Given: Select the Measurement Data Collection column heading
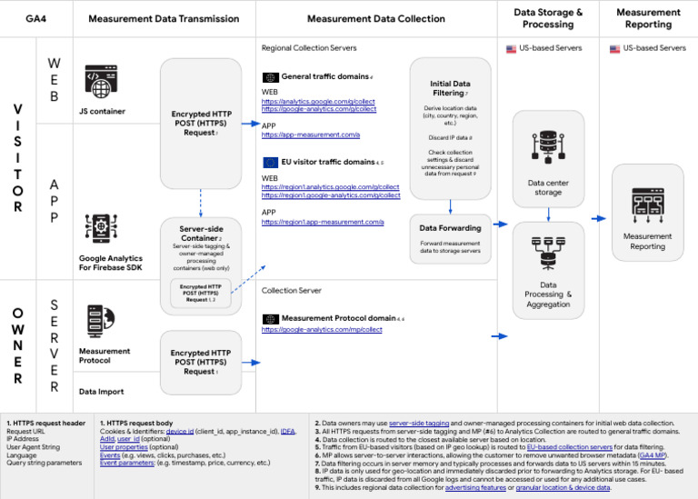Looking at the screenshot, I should (376, 18).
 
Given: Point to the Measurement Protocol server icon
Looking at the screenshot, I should (96, 321).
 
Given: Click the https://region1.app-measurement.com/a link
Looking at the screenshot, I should (323, 222).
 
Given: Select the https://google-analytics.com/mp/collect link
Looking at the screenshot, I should (322, 330).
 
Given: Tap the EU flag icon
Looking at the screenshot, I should (270, 162).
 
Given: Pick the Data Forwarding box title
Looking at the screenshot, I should (450, 228).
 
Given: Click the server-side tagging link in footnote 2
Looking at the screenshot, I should (419, 423).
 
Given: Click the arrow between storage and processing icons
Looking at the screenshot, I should (549, 214).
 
